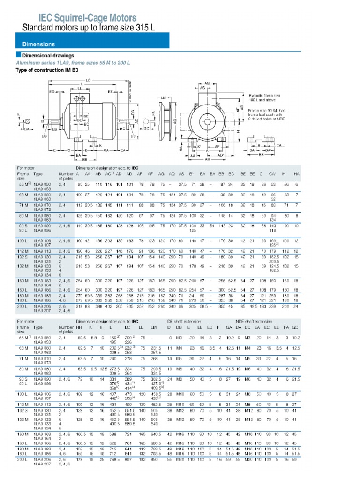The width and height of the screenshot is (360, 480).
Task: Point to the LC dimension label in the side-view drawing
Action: (x=89, y=80)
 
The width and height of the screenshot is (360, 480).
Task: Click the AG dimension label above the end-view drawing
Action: (x=207, y=82)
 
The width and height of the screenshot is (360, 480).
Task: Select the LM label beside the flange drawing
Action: (x=163, y=97)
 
